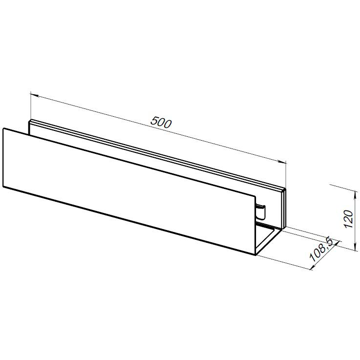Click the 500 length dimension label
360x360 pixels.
(161, 123)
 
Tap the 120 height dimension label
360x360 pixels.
(348, 219)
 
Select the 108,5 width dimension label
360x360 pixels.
(321, 250)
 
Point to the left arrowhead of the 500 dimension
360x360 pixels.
(34, 95)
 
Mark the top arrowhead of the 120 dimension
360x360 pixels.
(355, 194)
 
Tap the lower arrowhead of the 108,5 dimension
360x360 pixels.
(313, 267)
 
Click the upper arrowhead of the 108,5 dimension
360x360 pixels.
(336, 243)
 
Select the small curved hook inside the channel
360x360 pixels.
(261, 212)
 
